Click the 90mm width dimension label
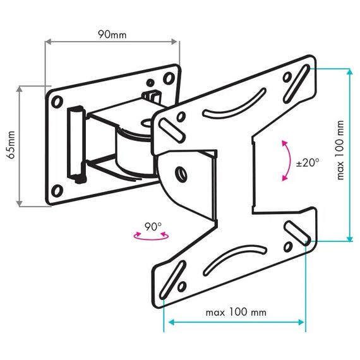(x=112, y=35)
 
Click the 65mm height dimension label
(x=11, y=145)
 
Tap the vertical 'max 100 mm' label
(x=340, y=150)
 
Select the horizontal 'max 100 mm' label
(x=236, y=312)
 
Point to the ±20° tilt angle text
(x=308, y=163)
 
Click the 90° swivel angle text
(x=153, y=227)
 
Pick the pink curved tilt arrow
(x=287, y=160)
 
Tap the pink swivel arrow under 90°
(x=151, y=237)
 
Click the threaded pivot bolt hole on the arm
(x=181, y=173)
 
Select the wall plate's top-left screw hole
(x=57, y=101)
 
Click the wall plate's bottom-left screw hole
(x=57, y=190)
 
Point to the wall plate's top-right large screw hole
(x=169, y=78)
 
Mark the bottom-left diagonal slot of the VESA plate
(x=172, y=280)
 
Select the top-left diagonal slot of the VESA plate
(x=172, y=130)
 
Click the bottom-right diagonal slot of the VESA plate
(x=297, y=233)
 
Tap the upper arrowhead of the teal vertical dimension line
(x=349, y=71)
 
